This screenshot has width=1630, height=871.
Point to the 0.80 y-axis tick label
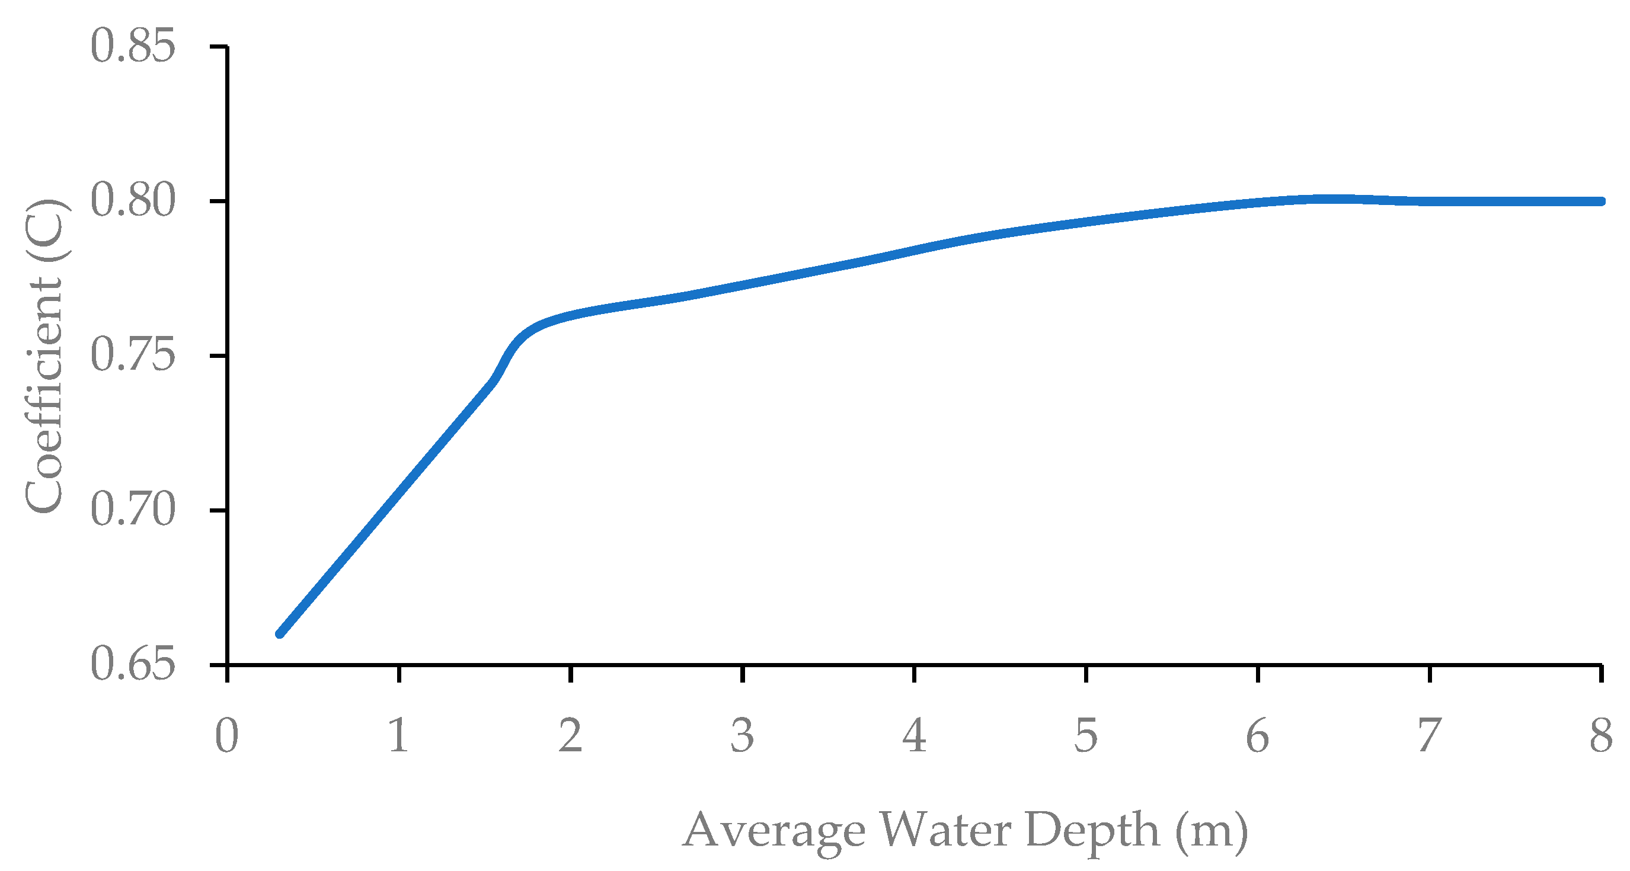[x=132, y=201]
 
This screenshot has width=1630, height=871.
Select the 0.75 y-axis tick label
[x=132, y=356]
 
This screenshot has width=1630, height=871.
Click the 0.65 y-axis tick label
[x=132, y=665]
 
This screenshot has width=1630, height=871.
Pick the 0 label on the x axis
[x=226, y=736]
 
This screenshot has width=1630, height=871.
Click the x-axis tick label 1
[x=399, y=736]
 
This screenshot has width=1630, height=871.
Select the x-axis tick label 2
[x=570, y=736]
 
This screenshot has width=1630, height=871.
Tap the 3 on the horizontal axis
[x=742, y=736]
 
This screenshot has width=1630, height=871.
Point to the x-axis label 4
[x=915, y=736]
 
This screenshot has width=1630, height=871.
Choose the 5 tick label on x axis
[x=1086, y=736]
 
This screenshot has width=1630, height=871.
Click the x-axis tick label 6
[x=1257, y=736]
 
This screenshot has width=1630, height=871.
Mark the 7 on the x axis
[x=1430, y=736]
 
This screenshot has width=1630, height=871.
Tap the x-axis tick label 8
[x=1601, y=736]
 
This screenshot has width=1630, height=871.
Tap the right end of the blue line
[x=1601, y=201]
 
